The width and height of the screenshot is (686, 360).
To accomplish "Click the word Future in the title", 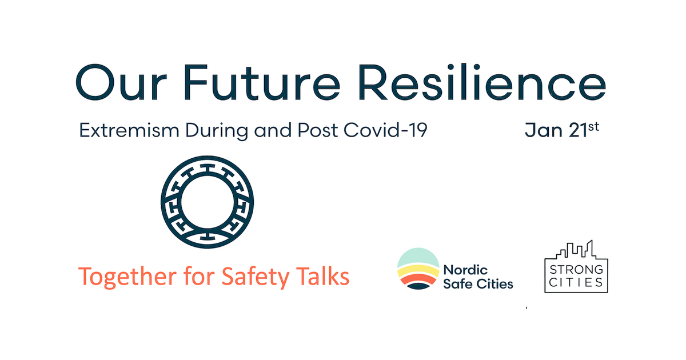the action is (x=262, y=82).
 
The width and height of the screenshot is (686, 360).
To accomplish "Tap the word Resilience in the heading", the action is (x=482, y=82).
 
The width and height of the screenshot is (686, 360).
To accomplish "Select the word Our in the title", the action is (x=121, y=82).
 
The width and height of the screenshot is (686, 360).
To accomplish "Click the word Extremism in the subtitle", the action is (x=129, y=130).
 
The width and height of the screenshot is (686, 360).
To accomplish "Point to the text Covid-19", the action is (x=385, y=130).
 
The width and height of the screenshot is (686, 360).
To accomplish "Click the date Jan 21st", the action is (x=562, y=130).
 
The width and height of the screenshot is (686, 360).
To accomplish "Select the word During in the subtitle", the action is (x=217, y=131).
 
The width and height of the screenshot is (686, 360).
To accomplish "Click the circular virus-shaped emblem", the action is (x=208, y=202).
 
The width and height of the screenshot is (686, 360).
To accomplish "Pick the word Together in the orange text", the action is (x=127, y=277).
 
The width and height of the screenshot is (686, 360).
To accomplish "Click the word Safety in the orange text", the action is (x=256, y=277).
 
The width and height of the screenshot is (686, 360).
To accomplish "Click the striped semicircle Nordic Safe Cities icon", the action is (x=418, y=269).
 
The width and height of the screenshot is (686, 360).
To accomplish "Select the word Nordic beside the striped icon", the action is (x=465, y=270).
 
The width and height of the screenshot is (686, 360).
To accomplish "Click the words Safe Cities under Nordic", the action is (x=478, y=284).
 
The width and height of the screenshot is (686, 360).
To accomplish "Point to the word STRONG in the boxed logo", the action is (x=576, y=270).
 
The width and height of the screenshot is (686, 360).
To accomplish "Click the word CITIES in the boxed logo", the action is (x=576, y=282).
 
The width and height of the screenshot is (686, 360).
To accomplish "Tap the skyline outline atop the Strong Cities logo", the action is (x=576, y=250).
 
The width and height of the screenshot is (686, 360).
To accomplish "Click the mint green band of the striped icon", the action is (x=418, y=257).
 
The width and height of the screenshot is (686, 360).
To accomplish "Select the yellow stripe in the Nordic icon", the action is (x=418, y=271).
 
